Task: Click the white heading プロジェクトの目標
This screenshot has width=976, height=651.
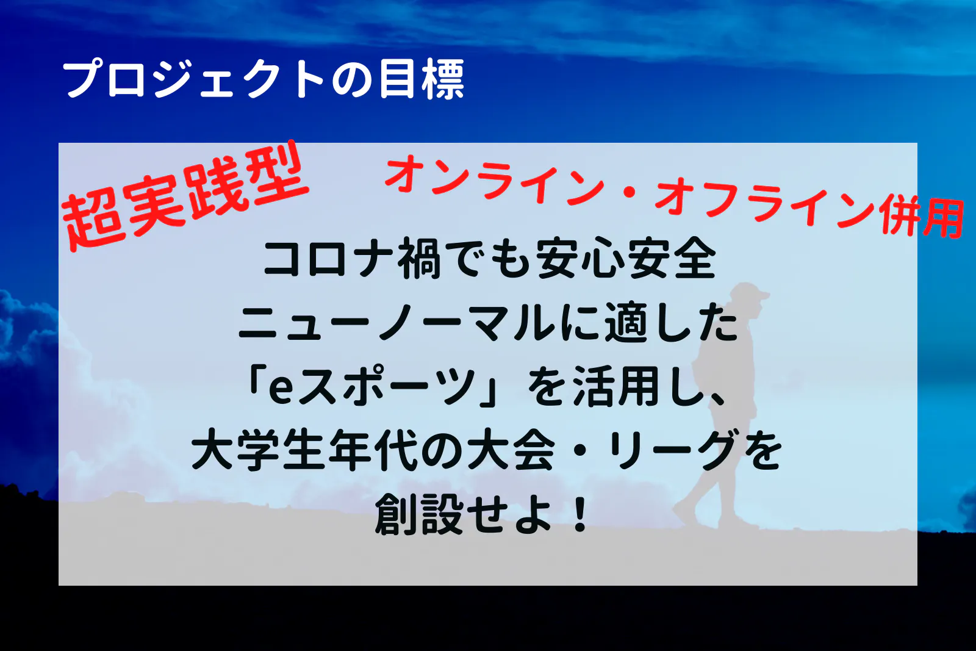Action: (264, 80)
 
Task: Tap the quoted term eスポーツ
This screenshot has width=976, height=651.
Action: (378, 386)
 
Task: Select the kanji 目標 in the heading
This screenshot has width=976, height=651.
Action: (422, 80)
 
